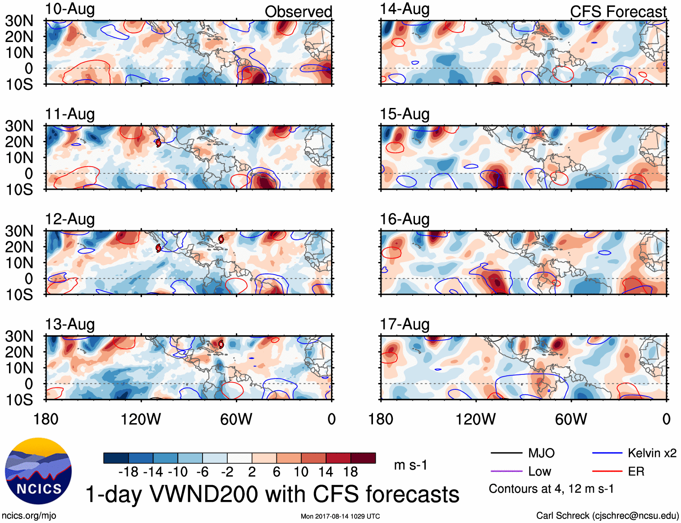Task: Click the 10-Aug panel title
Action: [70, 9]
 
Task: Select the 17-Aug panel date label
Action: [405, 324]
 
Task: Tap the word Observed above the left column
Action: [298, 12]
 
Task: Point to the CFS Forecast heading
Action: [618, 12]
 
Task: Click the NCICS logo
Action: [38, 471]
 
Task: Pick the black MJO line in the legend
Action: [506, 453]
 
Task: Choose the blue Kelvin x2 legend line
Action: [607, 453]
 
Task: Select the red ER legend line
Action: [607, 472]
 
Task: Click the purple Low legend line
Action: [506, 472]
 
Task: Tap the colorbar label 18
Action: [350, 472]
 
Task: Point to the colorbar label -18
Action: [129, 472]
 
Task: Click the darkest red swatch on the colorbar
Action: [363, 458]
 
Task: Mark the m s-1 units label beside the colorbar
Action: [410, 465]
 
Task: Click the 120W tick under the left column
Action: [141, 419]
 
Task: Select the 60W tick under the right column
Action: [571, 419]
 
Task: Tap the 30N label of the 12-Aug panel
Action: [19, 231]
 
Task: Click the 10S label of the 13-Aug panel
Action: [19, 400]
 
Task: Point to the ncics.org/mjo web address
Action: [29, 516]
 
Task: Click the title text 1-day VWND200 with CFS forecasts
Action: [272, 494]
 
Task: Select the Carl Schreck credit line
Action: [607, 516]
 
